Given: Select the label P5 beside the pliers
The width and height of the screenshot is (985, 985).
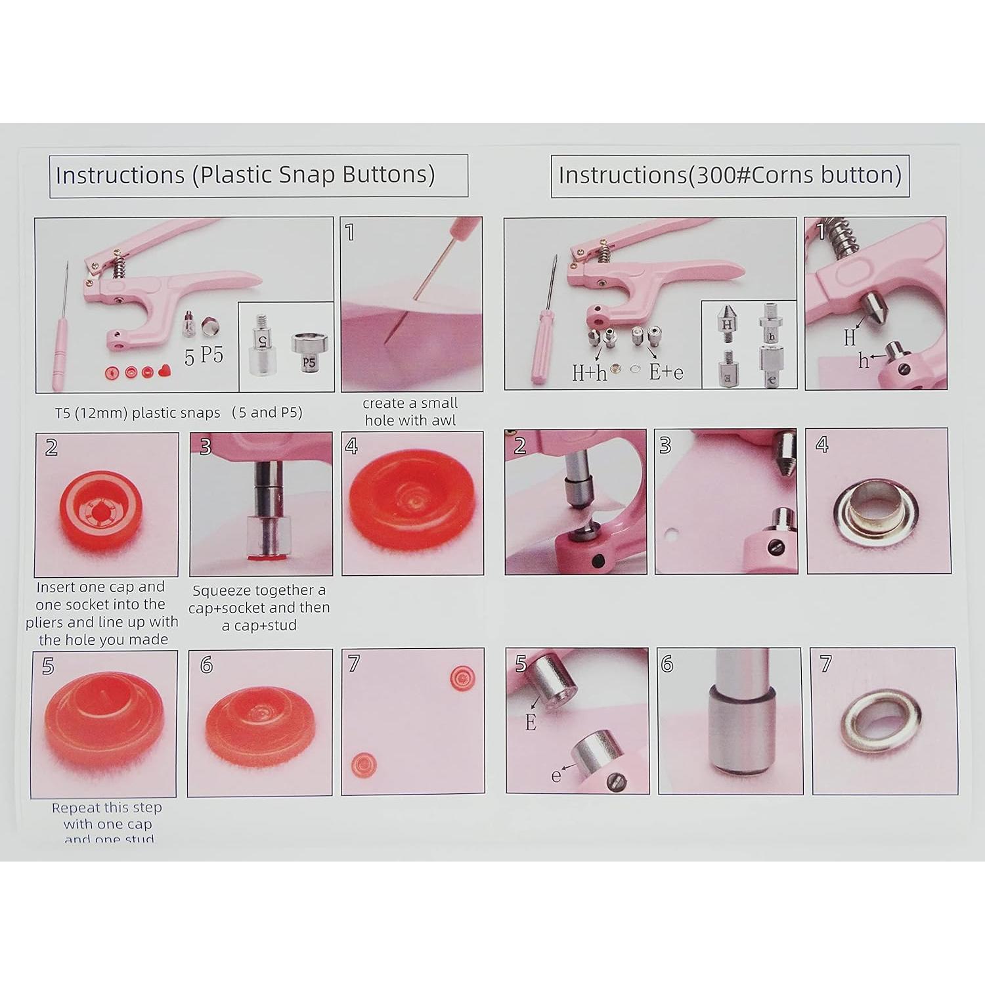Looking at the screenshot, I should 211,354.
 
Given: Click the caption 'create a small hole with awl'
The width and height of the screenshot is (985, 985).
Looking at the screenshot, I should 410,412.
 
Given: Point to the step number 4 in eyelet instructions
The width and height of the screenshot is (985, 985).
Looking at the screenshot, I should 821,445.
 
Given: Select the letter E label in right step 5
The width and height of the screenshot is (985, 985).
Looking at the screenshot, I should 531,722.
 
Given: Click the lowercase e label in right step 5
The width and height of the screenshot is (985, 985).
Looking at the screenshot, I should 556,776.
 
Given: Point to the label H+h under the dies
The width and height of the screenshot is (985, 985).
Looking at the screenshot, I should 590,372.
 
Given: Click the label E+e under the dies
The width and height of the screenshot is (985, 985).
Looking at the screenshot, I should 666,372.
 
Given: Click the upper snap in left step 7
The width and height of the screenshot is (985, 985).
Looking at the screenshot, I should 464,678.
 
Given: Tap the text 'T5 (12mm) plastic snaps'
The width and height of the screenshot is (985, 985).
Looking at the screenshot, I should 137,413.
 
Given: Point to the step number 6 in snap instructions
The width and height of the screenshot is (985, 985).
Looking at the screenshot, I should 206,665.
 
